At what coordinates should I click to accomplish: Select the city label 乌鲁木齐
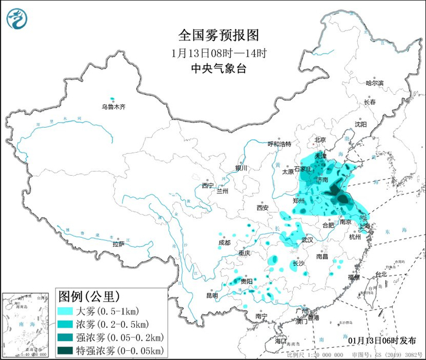[113, 107]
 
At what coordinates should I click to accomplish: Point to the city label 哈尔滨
[375, 83]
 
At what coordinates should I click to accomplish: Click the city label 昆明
[211, 296]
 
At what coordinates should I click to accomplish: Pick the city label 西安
[262, 207]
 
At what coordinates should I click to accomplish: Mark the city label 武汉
[307, 240]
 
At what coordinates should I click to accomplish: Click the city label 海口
[281, 341]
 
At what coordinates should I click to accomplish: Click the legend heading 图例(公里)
[86, 297]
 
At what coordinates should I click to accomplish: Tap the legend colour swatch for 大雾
[64, 311]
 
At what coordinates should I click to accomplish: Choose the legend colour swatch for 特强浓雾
[64, 350]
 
